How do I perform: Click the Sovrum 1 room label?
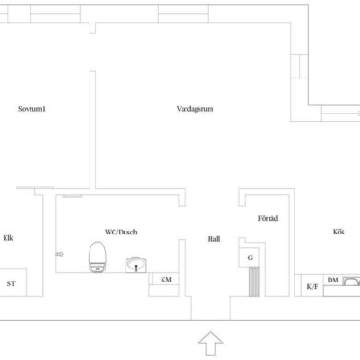(x=32, y=109)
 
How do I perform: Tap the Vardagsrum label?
(x=195, y=109)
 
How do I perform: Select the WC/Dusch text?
(x=121, y=232)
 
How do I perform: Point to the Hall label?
(x=213, y=239)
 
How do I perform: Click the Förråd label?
(x=268, y=218)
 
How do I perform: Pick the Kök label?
(x=339, y=232)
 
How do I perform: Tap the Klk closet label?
(x=8, y=238)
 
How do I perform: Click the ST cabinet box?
(x=13, y=282)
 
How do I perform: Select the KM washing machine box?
(x=163, y=280)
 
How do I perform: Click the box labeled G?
(x=250, y=258)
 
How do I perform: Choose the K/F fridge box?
(x=312, y=286)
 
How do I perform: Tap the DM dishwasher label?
(x=332, y=280)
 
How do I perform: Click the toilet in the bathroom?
(x=98, y=258)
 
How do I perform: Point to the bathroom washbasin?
(x=136, y=265)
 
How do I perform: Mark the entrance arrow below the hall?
(x=210, y=343)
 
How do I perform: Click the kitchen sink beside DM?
(x=352, y=282)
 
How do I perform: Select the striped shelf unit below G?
(x=255, y=282)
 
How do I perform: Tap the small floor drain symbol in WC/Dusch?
(x=59, y=254)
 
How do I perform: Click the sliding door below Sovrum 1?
(x=35, y=187)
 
